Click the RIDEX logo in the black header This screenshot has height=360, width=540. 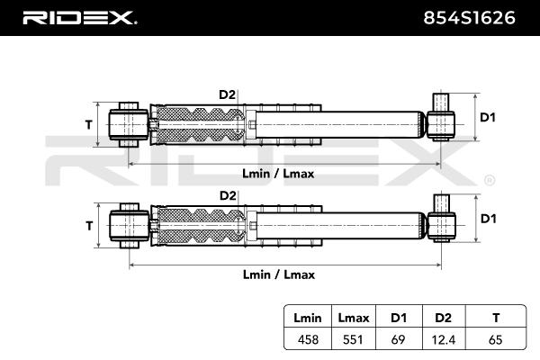[79, 18]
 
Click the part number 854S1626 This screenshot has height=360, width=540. [469, 18]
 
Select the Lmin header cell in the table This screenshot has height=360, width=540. [308, 318]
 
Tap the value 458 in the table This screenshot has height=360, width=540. [308, 339]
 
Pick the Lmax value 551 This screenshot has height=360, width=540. [353, 339]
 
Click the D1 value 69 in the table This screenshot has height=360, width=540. [398, 339]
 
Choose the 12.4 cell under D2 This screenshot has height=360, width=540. [443, 340]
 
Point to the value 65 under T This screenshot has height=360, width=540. [496, 339]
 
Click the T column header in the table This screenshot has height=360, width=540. [496, 318]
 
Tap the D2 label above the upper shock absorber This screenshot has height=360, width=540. [228, 94]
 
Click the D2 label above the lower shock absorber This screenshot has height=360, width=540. [228, 195]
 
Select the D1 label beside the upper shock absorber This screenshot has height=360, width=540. [488, 118]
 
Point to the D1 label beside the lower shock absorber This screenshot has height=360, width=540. [489, 219]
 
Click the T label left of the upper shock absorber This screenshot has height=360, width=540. [89, 124]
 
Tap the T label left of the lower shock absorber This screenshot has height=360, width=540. [89, 226]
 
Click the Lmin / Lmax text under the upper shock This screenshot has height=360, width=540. [278, 174]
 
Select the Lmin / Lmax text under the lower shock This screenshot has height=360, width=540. [279, 274]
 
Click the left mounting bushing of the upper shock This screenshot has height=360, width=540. [129, 124]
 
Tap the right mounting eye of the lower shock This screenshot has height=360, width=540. [442, 226]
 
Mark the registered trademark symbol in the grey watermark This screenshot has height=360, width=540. [490, 180]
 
